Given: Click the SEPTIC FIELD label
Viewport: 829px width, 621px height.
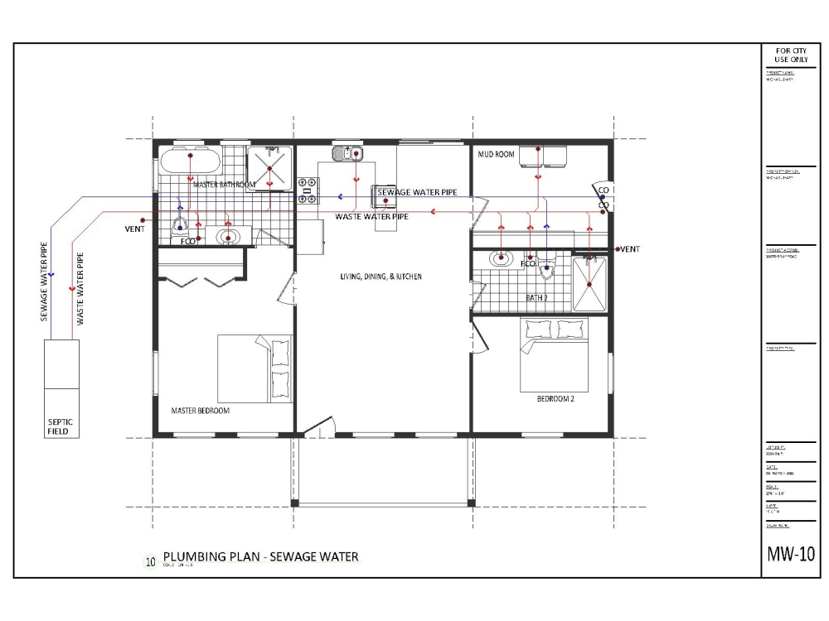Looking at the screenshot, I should tap(61, 426).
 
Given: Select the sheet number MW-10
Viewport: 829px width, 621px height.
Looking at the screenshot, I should tap(793, 554).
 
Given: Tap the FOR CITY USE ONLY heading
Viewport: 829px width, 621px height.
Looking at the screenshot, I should tap(792, 55).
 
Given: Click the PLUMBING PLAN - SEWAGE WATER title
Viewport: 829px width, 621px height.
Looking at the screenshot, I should tap(260, 556).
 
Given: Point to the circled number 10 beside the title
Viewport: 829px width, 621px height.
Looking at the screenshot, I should tap(150, 561).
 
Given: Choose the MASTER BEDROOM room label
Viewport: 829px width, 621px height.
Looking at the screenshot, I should tap(200, 410).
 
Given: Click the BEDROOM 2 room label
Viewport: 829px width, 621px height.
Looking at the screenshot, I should tap(555, 398).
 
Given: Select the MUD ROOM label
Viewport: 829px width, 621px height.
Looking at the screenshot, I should tap(497, 154).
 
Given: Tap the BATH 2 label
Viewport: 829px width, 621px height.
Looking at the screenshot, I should tap(537, 296).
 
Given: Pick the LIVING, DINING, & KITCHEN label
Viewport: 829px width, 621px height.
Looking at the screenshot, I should tap(381, 277).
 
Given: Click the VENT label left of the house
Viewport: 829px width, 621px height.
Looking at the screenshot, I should tap(134, 229).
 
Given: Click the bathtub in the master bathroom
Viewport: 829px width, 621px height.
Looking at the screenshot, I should tap(190, 160).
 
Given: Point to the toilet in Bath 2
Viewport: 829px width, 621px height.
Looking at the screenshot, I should tap(545, 267).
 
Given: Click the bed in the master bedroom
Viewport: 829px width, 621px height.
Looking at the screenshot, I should tap(255, 368).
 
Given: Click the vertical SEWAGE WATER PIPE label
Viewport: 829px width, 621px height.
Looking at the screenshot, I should tap(47, 282).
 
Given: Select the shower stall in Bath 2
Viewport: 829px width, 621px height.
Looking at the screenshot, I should tap(589, 283).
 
